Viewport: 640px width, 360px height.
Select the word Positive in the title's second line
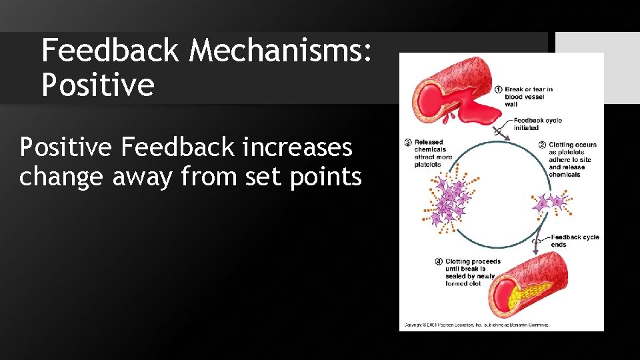97,85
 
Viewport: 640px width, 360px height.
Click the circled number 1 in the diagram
499,89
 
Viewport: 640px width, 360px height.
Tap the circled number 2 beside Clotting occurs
543,145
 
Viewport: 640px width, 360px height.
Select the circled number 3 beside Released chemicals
408,142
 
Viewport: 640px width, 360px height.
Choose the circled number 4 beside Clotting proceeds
440,261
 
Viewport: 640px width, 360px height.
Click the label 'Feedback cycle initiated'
537,124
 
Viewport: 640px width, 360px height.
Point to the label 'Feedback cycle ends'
574,241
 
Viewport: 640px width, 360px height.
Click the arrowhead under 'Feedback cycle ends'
535,252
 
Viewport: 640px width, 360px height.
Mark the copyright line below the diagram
476,325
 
